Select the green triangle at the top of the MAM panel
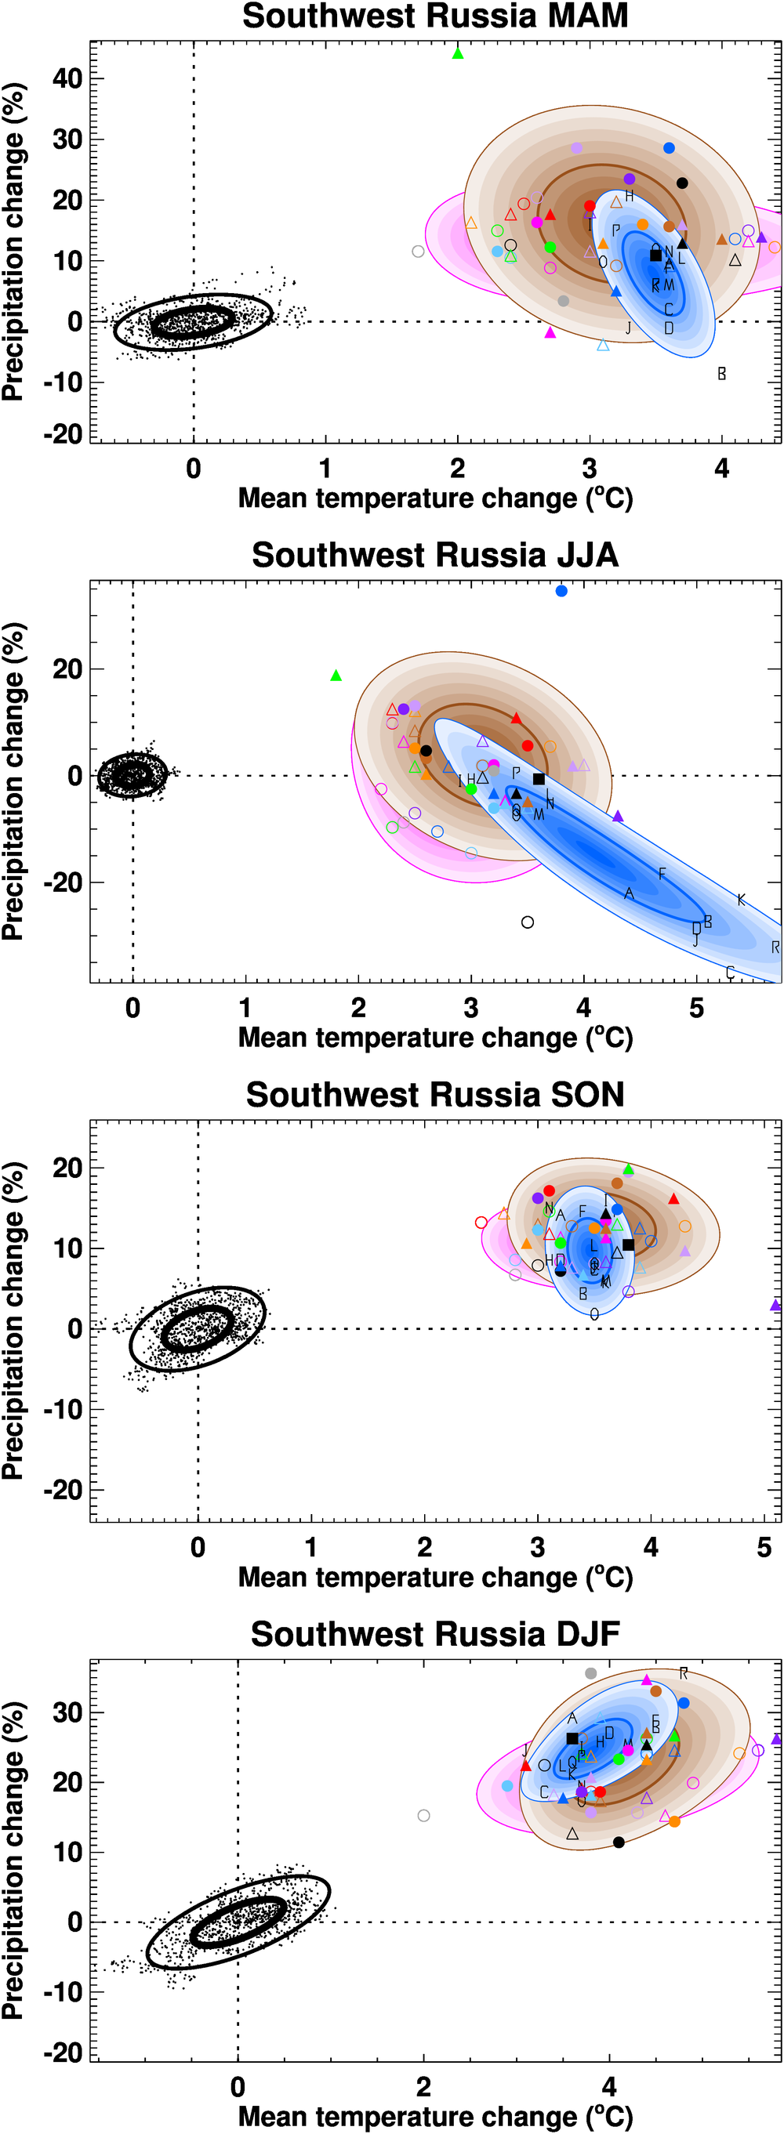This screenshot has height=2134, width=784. [x=458, y=54]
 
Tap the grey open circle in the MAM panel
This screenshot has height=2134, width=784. [x=419, y=251]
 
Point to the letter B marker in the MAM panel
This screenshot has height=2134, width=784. [x=722, y=374]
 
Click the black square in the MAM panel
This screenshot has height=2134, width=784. [x=655, y=255]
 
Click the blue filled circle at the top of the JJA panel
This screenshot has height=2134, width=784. [x=561, y=591]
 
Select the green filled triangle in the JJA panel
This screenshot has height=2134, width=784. [x=336, y=676]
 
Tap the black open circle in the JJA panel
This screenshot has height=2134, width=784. [x=527, y=922]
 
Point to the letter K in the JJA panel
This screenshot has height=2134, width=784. [x=741, y=900]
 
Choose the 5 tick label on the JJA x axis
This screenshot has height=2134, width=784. [x=696, y=1008]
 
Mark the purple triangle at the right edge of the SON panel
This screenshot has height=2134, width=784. [x=775, y=1306]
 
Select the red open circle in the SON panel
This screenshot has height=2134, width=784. [x=481, y=1223]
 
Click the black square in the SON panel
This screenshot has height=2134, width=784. [x=628, y=1245]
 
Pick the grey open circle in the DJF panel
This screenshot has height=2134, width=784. [x=423, y=1815]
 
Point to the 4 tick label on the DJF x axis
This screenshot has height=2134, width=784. [x=609, y=2086]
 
